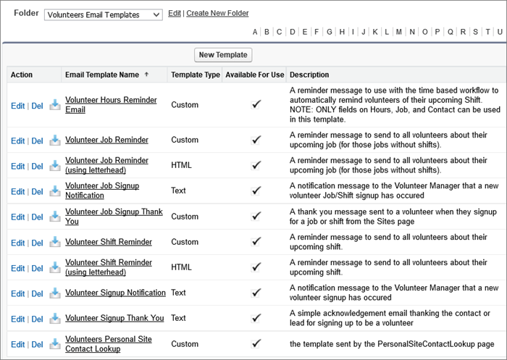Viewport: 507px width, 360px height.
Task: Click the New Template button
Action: click(x=223, y=54)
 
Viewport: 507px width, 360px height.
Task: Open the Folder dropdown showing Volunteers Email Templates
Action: click(x=104, y=14)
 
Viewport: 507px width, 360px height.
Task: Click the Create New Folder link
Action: click(x=217, y=14)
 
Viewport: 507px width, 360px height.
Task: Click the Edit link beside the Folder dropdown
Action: click(x=175, y=14)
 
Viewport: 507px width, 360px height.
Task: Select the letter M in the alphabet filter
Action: click(x=400, y=32)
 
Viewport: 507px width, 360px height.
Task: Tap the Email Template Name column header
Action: click(x=101, y=75)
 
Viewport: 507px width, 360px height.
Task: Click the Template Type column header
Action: click(x=195, y=75)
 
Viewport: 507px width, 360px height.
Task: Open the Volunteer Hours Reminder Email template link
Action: click(x=111, y=104)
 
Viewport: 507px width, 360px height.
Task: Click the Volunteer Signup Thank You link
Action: click(x=114, y=318)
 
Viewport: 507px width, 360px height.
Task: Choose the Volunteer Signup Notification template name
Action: click(x=115, y=293)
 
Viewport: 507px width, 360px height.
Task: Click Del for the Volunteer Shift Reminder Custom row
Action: click(x=38, y=243)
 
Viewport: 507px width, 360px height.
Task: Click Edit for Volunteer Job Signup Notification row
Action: click(x=17, y=191)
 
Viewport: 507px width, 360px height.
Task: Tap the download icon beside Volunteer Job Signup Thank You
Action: click(x=55, y=217)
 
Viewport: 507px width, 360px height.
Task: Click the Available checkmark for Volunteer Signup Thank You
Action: click(x=256, y=318)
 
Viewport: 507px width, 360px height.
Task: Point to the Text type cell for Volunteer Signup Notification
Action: click(x=178, y=293)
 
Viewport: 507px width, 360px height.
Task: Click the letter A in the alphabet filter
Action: click(x=255, y=32)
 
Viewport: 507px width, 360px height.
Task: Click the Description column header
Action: click(x=309, y=75)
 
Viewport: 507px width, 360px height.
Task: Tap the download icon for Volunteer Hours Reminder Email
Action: click(x=55, y=105)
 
